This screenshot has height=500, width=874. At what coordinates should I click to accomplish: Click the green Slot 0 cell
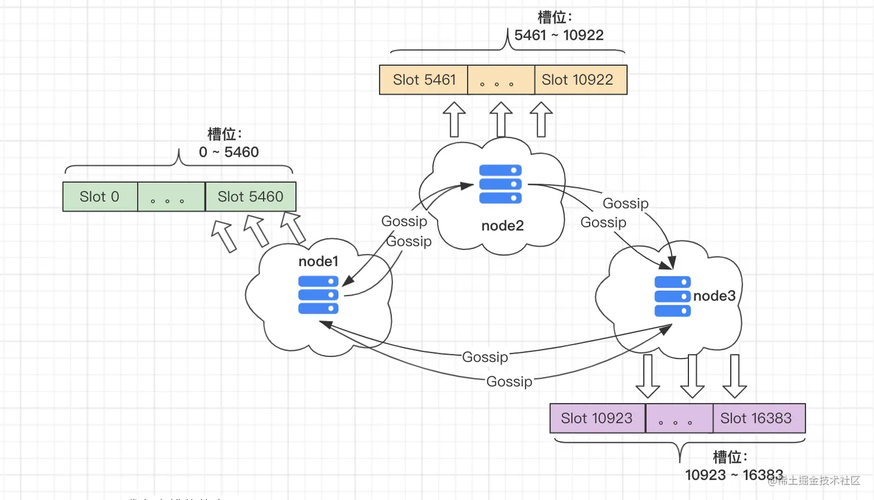pos(100,197)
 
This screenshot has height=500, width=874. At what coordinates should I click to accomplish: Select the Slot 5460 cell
pos(250,197)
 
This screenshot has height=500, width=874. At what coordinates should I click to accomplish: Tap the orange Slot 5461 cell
pos(424,80)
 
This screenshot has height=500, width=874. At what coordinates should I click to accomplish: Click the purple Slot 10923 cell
pos(597,418)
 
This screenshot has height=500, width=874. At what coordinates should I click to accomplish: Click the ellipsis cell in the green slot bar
pos(171,197)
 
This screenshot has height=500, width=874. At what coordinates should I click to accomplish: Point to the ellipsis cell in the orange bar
pos(501,80)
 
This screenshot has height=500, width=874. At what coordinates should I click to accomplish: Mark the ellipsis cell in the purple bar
pos(679,418)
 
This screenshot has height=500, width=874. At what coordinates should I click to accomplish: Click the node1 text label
pos(318,262)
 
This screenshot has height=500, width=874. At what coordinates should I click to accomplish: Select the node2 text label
pos(502,226)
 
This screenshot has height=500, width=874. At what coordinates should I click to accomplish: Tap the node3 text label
pos(714,296)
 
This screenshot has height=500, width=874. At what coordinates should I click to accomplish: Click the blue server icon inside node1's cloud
pos(318,295)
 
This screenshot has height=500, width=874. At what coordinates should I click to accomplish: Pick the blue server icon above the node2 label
pos(501,184)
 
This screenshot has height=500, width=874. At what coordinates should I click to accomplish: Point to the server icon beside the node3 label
pos(672,296)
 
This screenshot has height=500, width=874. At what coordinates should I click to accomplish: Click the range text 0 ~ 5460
pos(229,152)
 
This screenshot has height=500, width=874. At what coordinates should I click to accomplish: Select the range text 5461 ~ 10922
pos(559,35)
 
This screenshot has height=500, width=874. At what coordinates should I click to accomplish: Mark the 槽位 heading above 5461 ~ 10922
pos(554,17)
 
